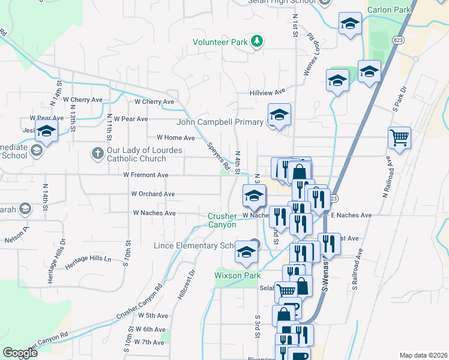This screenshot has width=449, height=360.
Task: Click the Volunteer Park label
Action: coord(220,43)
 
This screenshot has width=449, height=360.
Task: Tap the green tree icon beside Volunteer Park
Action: coord(258,41)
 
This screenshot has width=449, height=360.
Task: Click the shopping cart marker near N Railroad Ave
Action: coord(399,139)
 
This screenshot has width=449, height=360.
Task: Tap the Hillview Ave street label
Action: coord(268,92)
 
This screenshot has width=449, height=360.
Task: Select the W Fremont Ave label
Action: coord(146,175)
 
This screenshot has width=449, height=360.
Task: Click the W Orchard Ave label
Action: coord(153,194)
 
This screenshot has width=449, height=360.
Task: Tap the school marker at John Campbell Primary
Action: coord(279,115)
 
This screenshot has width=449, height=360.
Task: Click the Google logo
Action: coord(20,353)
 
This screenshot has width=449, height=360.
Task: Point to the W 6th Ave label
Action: coord(150,329)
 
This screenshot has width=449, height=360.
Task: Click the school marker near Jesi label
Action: coord(46,131)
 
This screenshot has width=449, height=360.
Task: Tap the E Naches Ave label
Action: coord(351,215)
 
